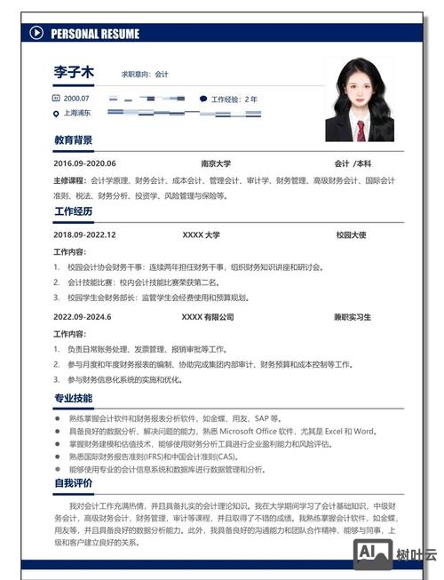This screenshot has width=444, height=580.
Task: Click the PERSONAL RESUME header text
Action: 95,34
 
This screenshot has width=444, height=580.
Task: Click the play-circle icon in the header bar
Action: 36,34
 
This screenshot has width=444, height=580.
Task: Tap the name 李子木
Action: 74,73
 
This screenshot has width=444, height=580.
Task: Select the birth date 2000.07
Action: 76,99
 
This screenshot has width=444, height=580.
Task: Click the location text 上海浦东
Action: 77,113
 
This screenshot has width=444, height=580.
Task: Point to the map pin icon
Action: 56,114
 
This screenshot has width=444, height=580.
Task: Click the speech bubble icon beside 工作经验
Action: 203,99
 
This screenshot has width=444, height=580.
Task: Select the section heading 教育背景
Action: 73,140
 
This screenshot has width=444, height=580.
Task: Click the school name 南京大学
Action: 216,163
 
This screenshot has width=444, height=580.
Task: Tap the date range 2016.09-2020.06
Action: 84,163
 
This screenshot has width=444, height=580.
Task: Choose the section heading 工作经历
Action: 73,211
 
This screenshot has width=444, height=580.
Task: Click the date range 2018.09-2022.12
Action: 84,234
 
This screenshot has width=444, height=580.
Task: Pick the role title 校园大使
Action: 352,234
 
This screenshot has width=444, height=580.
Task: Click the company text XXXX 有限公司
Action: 208,316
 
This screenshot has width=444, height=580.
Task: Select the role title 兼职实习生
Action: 353,316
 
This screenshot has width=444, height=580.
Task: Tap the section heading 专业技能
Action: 73,398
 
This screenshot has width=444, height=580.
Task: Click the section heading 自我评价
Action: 73,483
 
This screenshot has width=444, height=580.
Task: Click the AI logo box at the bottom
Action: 373,553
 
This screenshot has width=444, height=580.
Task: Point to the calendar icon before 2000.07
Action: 56,99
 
